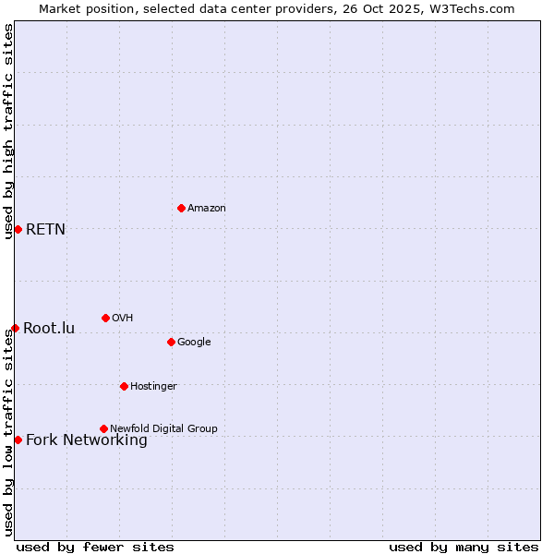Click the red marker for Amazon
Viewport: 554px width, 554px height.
pyautogui.click(x=181, y=208)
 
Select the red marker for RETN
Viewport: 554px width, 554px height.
pyautogui.click(x=18, y=229)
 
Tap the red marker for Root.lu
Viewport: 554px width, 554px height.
pyautogui.click(x=15, y=328)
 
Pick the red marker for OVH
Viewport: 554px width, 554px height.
pyautogui.click(x=105, y=318)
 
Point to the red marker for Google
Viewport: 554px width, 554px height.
pyautogui.click(x=171, y=342)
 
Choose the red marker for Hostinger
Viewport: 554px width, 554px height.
pyautogui.click(x=124, y=386)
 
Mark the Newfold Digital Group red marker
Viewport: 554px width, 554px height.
pyautogui.click(x=103, y=428)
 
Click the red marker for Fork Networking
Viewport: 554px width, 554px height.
pyautogui.click(x=18, y=440)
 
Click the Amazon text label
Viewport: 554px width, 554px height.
pyautogui.click(x=207, y=209)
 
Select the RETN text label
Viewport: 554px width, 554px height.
pyautogui.click(x=45, y=230)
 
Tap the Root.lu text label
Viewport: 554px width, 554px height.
pyautogui.click(x=49, y=329)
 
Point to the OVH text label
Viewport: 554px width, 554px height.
pyautogui.click(x=123, y=319)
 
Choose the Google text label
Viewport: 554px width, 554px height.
pyautogui.click(x=194, y=343)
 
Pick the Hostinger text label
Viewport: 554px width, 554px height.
pyautogui.click(x=153, y=387)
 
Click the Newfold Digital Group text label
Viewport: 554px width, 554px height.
pyautogui.click(x=163, y=429)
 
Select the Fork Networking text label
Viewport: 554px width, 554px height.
pyautogui.click(x=87, y=440)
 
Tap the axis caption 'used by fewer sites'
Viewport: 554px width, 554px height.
pyautogui.click(x=95, y=547)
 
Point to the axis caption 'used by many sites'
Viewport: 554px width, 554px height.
pyautogui.click(x=464, y=547)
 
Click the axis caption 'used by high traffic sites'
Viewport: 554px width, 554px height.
pyautogui.click(x=8, y=131)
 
